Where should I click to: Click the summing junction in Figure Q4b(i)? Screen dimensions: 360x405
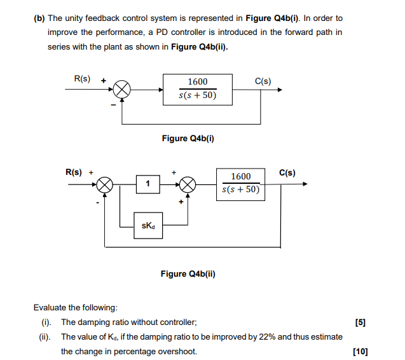123,90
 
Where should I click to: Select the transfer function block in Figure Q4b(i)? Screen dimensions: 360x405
197,90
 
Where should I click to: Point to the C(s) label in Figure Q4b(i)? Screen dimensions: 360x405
263,81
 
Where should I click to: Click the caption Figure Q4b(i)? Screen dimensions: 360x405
188,138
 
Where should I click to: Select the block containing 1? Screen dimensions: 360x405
148,184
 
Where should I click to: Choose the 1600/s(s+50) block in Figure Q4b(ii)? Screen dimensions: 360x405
240,183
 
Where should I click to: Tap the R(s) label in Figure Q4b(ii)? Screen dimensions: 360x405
74,172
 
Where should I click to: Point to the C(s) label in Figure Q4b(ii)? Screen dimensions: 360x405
287,172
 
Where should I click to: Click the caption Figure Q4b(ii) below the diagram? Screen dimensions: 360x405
188,274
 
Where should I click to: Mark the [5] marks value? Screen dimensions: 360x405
360,322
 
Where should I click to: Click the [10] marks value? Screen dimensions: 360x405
359,351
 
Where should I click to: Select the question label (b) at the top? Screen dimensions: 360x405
38,18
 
